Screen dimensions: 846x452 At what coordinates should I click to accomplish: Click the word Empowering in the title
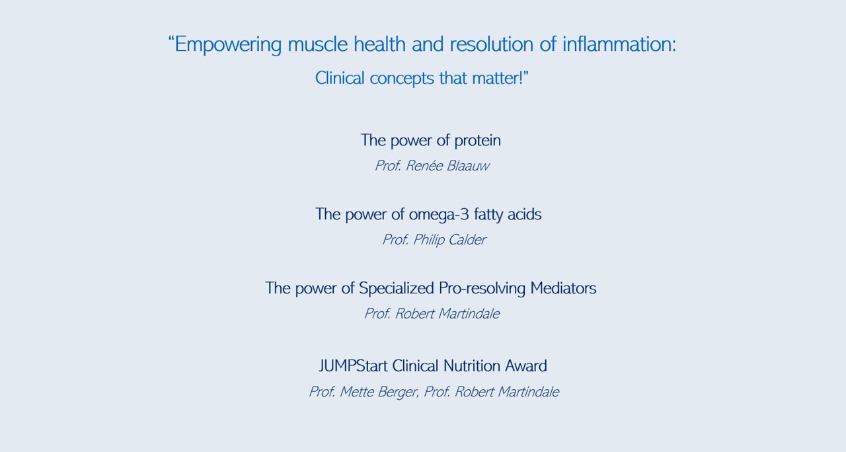click(x=228, y=44)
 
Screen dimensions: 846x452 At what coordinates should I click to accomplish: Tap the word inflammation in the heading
click(x=619, y=44)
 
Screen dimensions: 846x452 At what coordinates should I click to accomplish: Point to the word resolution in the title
click(x=491, y=44)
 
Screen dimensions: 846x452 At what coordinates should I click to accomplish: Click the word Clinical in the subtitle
click(x=340, y=78)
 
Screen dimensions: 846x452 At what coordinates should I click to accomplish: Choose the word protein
click(x=477, y=141)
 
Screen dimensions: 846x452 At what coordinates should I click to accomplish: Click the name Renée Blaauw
click(x=447, y=165)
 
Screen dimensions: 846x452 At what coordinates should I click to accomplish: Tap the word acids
click(x=524, y=214)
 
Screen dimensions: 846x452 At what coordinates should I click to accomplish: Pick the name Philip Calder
click(x=449, y=240)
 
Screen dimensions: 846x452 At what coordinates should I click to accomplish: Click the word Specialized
click(x=396, y=289)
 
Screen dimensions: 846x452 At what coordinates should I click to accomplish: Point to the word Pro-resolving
click(x=482, y=289)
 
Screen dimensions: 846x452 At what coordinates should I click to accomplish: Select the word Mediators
click(x=563, y=287)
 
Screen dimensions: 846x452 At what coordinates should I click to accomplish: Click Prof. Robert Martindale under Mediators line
click(x=432, y=314)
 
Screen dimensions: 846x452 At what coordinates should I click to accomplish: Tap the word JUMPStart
click(x=353, y=365)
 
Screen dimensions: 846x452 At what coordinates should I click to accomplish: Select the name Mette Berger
click(x=379, y=392)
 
